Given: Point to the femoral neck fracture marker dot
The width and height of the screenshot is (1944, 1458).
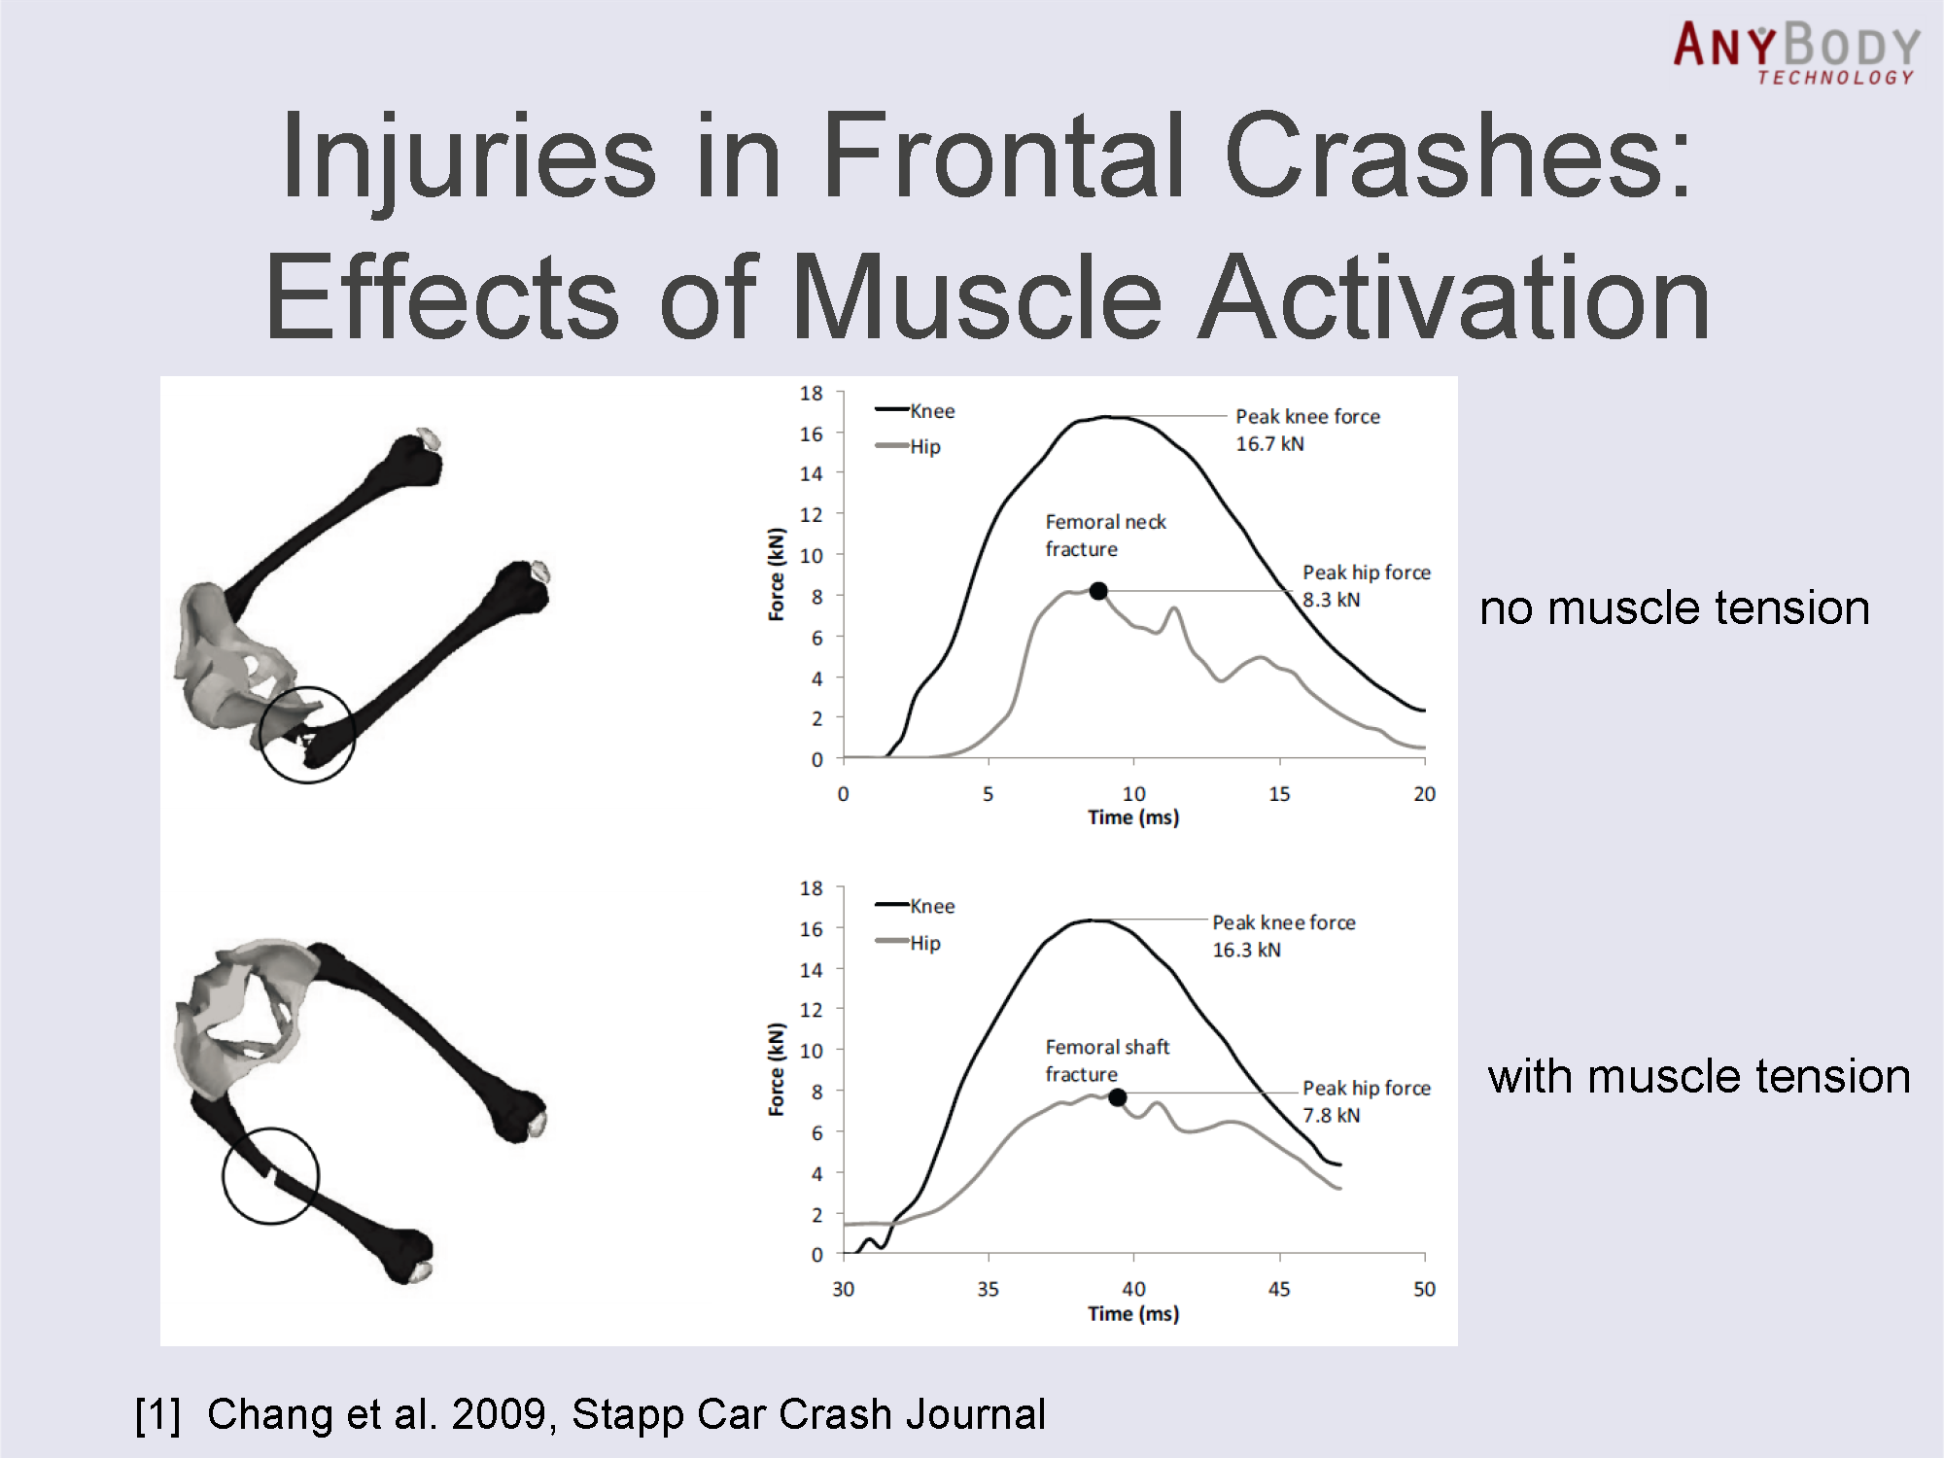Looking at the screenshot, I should click(1098, 591).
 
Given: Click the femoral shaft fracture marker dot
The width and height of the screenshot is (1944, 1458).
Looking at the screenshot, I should click(1118, 1097).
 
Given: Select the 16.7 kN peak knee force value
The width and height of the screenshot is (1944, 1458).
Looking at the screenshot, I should click(1269, 444).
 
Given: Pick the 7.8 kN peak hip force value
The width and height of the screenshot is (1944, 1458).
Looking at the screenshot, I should click(1331, 1115).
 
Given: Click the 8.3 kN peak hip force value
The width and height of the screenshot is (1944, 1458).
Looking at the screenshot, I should click(1331, 600).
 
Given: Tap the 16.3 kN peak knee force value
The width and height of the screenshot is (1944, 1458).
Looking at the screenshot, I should click(1246, 950).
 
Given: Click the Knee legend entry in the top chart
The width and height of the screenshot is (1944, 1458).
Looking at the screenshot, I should click(931, 411).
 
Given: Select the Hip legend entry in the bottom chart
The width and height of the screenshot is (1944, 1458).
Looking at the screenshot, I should click(924, 943).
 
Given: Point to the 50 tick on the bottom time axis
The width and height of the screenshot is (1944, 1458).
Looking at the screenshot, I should click(1424, 1289).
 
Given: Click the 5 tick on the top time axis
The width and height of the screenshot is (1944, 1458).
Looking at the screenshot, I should click(988, 794).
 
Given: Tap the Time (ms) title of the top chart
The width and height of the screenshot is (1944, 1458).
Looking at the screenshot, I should click(1133, 817).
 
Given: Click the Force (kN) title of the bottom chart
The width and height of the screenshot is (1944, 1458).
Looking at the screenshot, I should click(777, 1069).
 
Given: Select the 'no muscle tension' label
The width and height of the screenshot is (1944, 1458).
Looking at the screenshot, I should click(1674, 608).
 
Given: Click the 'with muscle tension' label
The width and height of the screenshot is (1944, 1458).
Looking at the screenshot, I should click(1698, 1077).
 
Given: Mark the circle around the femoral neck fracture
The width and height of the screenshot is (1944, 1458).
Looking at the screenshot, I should click(307, 735).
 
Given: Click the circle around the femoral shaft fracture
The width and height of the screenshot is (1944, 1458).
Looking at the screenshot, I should click(270, 1175).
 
